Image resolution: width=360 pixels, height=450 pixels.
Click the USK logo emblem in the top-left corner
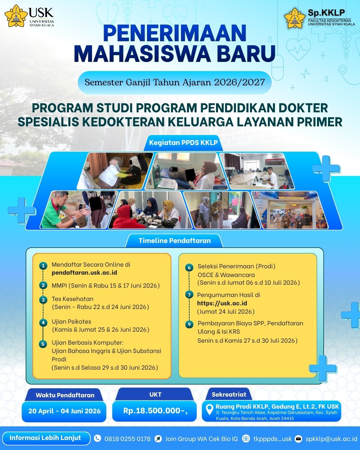[x=16, y=16]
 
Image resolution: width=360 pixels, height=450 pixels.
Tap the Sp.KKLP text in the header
[x=326, y=13]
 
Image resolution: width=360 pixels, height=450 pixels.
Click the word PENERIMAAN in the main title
[x=175, y=33]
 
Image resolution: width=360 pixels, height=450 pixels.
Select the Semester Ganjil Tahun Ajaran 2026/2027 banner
[x=175, y=82]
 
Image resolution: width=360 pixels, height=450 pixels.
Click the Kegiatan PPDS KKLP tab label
[x=183, y=143]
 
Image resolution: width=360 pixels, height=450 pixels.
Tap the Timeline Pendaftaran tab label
[x=175, y=241]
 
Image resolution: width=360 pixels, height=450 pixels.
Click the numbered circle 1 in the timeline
[x=43, y=266]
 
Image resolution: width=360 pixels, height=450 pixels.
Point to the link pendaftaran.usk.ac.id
[x=84, y=273]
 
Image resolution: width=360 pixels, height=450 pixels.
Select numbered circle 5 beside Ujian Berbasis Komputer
[x=43, y=344]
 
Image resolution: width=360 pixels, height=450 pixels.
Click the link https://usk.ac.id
[x=222, y=303]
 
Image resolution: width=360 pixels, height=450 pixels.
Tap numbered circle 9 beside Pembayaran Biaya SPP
[x=189, y=324]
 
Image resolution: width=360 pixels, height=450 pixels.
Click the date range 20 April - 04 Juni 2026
[x=64, y=411]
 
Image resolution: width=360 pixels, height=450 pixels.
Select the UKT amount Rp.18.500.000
[x=155, y=411]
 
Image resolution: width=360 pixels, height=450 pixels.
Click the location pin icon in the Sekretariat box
[x=209, y=409]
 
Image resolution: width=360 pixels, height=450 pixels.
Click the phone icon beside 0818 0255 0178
[x=97, y=438]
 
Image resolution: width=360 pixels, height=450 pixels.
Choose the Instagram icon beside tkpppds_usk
[x=246, y=438]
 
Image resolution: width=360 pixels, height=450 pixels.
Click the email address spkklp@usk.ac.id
[x=331, y=438]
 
